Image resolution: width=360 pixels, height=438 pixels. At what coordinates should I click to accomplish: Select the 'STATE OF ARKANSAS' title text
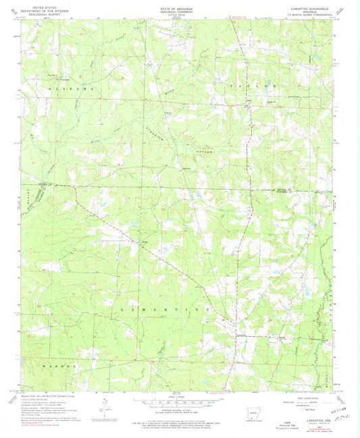point(180,3)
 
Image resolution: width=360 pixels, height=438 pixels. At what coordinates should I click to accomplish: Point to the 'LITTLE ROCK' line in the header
point(180,12)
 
